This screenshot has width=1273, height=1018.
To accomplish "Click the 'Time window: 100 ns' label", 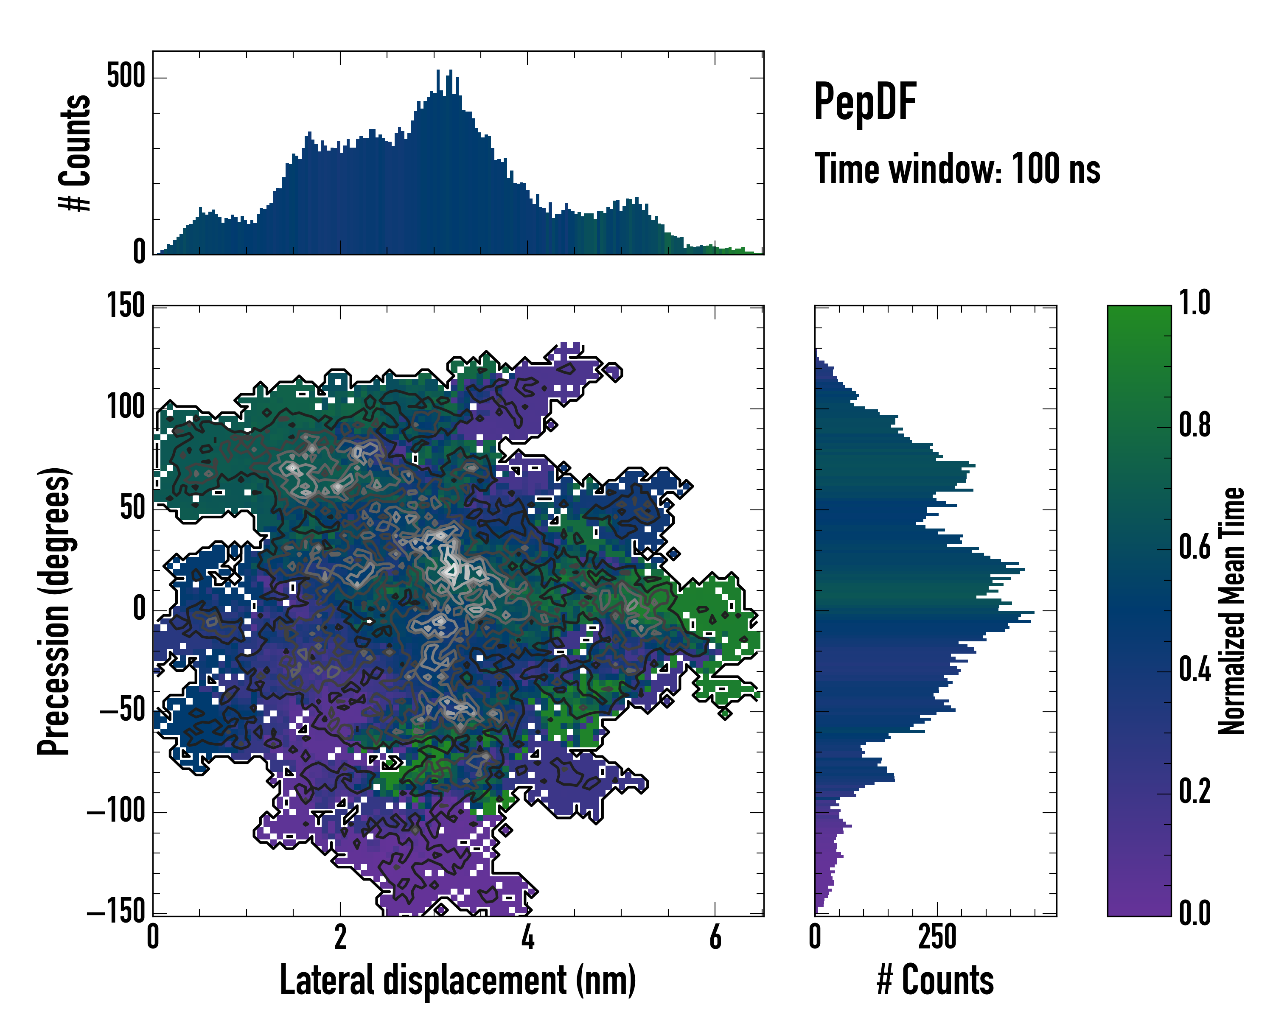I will point(957,169).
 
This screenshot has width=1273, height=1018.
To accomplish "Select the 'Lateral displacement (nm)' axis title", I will point(457,980).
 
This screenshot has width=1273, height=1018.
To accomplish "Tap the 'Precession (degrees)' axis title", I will point(54,611).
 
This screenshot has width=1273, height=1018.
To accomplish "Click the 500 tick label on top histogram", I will point(126,77).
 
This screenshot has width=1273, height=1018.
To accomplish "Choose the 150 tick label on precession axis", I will point(126,306).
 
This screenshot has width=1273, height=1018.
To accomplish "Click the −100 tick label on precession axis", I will point(116,812).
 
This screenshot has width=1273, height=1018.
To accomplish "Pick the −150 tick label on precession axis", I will point(116,912).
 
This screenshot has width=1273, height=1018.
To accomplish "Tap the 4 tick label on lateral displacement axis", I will point(527,938).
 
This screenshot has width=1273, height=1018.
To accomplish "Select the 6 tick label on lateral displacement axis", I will point(715,938).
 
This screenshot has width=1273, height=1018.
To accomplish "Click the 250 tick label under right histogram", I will point(937,938).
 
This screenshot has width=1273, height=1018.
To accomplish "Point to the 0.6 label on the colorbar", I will point(1194,547).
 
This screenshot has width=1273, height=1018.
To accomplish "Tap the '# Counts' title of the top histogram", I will point(76,153).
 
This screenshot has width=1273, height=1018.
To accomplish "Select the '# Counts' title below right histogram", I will point(935,980).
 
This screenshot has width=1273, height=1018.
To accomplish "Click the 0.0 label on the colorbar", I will point(1194,913).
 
